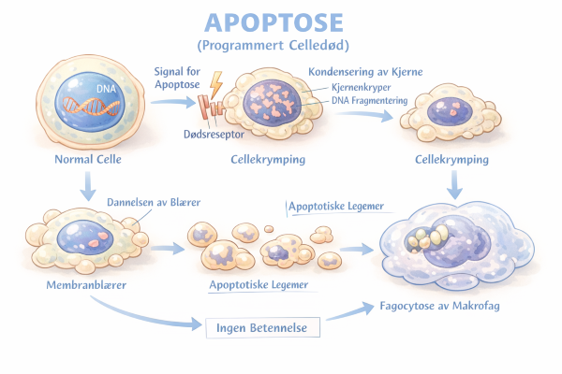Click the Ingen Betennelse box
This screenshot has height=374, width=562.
262,327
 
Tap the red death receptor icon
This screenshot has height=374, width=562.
211,110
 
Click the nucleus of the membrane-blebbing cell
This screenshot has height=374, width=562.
85,235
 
